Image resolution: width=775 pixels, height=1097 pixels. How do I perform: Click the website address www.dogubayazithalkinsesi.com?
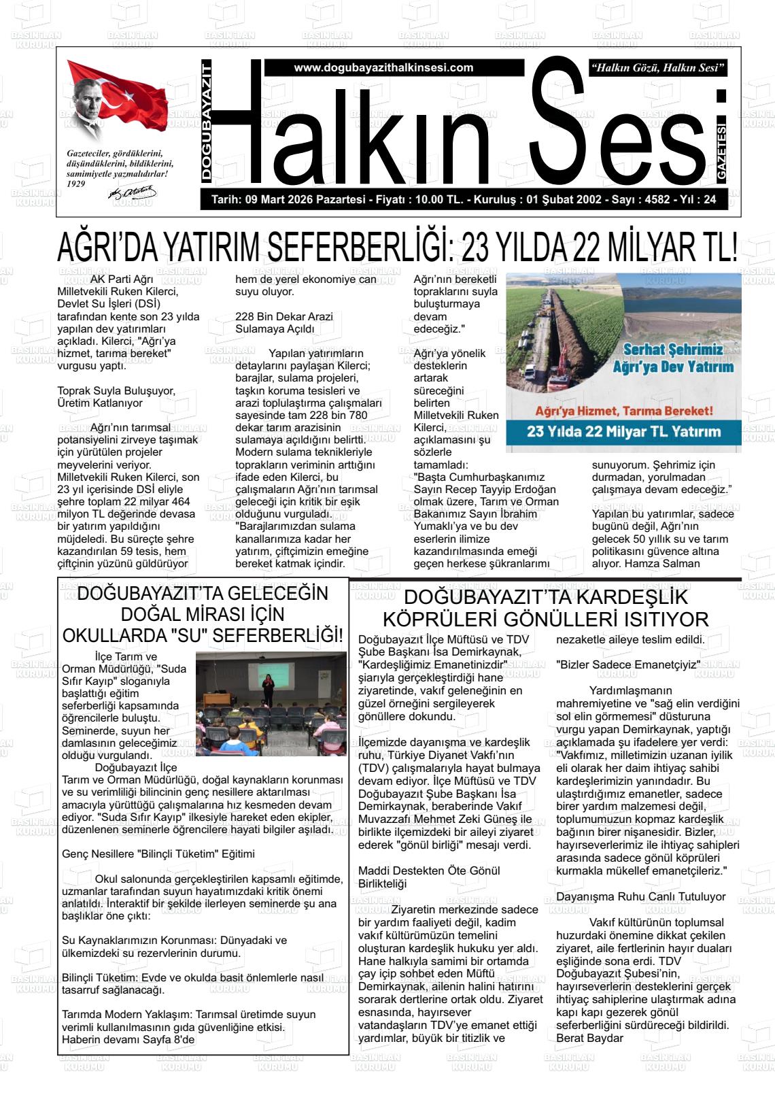pos(383,68)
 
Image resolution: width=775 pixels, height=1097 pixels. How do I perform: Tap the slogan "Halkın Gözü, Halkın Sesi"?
pos(659,68)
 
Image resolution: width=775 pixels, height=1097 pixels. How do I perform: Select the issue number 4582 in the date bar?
pos(657,200)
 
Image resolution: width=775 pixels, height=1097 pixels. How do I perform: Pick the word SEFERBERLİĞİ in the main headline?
pos(356,249)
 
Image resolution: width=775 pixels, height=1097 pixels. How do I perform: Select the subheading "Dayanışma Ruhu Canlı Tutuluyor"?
pos(640,896)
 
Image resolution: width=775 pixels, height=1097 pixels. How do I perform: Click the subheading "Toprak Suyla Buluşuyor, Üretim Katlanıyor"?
pos(116,396)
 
